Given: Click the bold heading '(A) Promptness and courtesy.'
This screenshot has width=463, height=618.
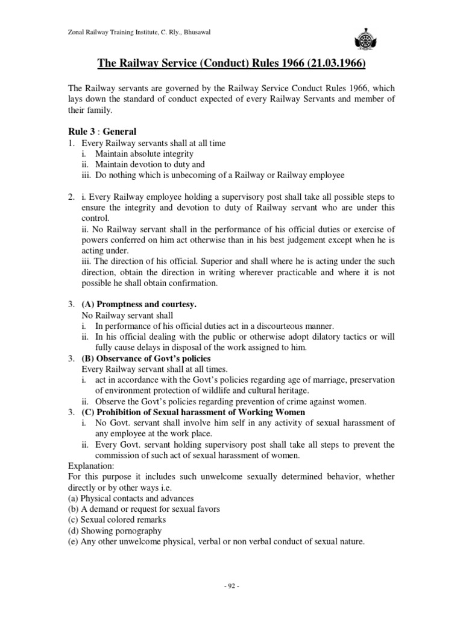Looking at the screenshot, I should click(139, 304).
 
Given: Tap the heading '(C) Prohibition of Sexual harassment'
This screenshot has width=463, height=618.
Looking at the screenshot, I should click(193, 412).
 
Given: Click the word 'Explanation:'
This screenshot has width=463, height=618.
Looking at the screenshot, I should click(91, 466).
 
